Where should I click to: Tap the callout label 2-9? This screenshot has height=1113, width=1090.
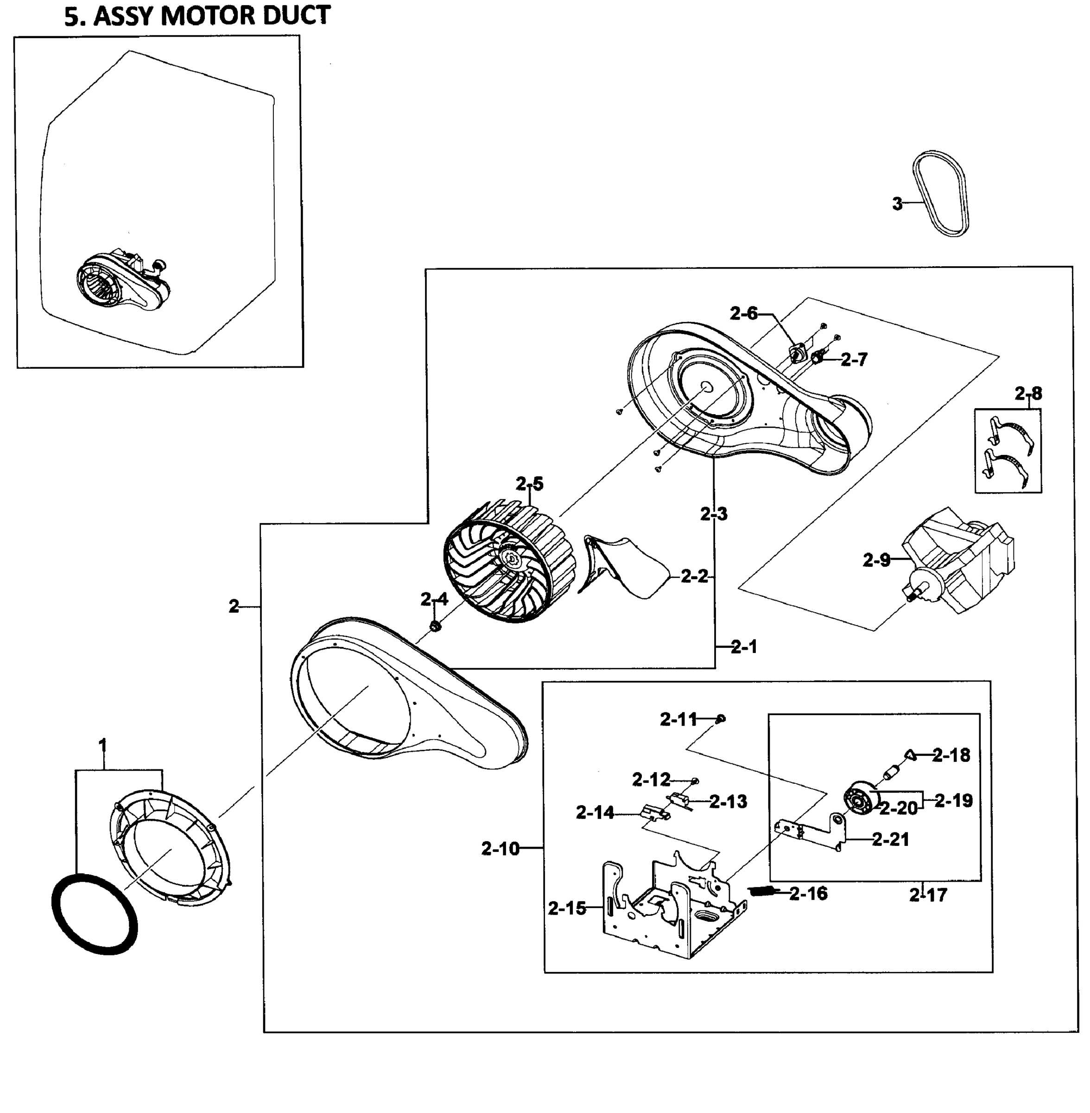(x=876, y=560)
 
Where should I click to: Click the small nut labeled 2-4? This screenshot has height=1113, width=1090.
(x=435, y=626)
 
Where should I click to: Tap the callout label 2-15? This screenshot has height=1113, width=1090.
(x=567, y=908)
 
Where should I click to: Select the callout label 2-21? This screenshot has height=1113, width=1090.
(x=891, y=840)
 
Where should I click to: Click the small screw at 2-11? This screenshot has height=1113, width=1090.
(x=721, y=718)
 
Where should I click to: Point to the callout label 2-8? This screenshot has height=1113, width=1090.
(x=1028, y=394)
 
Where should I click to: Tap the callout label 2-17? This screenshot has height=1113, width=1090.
(x=928, y=894)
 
